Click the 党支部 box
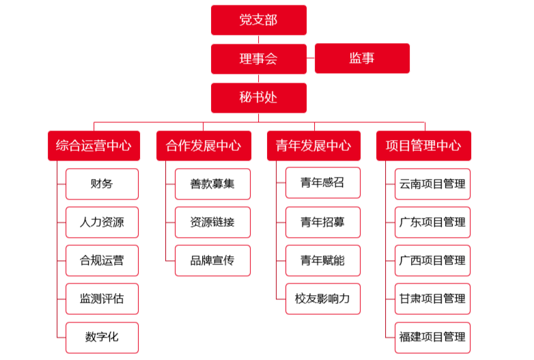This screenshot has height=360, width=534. [259, 20]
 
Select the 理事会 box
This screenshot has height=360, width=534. [259, 59]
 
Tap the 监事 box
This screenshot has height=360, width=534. [362, 58]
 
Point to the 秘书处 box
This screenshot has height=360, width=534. [259, 98]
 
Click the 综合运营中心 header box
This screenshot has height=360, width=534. [94, 146]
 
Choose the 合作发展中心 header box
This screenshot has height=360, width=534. [203, 146]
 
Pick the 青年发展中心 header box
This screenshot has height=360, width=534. [313, 146]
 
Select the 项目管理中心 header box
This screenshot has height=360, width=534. [423, 146]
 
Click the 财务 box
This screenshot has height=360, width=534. [102, 184]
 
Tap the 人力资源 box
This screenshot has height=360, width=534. [102, 222]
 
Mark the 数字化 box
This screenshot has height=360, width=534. [102, 337]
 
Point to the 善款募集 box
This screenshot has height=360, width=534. [212, 184]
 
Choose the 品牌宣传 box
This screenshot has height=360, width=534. [212, 260]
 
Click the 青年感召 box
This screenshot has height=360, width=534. [323, 182]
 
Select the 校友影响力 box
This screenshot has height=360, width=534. [323, 299]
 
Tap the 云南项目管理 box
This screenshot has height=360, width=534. [432, 184]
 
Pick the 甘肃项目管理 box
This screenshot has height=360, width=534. [432, 299]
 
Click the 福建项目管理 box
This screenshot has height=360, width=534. [432, 337]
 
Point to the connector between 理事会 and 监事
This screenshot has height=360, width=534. [311, 58]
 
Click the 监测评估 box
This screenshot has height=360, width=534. [102, 299]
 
